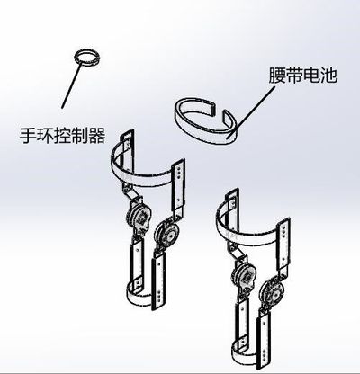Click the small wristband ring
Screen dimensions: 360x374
(86, 52)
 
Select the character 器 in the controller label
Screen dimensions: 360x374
(96, 136)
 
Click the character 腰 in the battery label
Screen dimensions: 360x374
(277, 75)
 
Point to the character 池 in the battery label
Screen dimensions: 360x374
(328, 75)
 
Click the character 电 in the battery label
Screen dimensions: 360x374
(311, 75)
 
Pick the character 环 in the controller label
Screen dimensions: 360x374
(45, 136)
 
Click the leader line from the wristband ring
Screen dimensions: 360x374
(72, 85)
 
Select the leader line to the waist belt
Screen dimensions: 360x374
(251, 113)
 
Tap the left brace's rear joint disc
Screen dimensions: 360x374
(139, 217)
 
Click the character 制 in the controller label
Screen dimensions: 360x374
(79, 136)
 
